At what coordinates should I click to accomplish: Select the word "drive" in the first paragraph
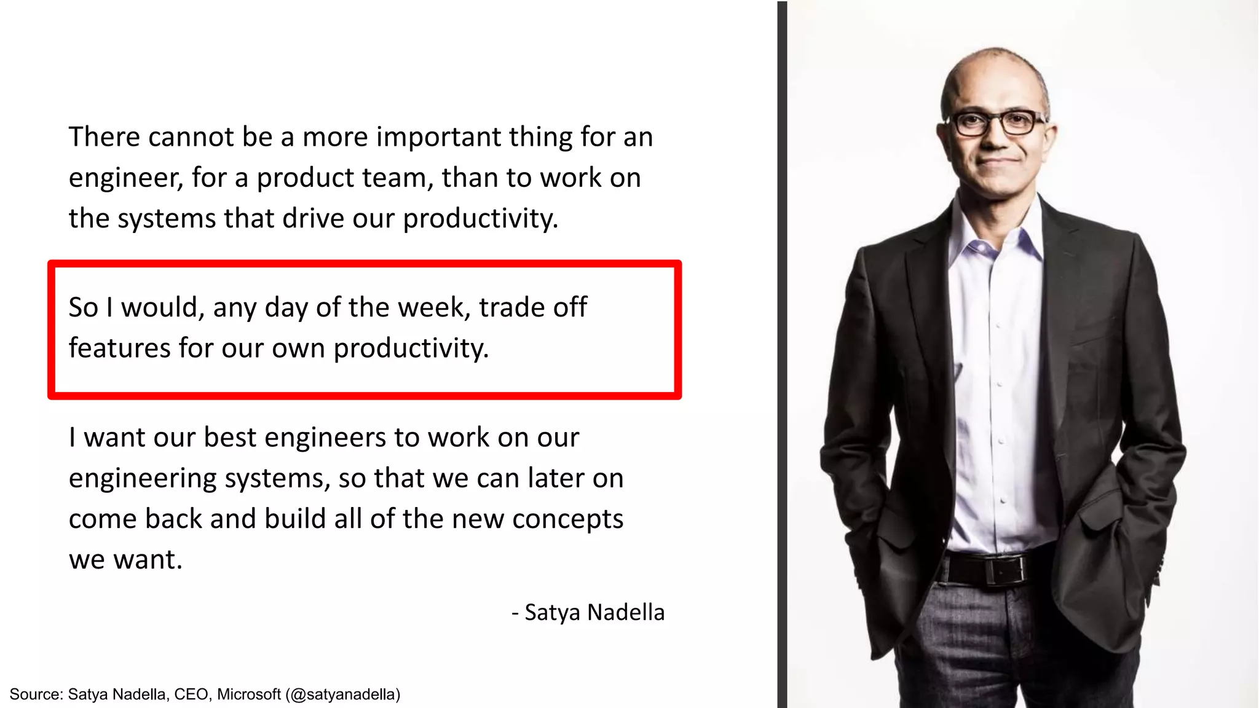pos(313,219)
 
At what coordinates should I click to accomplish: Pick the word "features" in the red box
pos(119,348)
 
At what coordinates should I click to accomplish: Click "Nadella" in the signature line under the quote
pos(626,613)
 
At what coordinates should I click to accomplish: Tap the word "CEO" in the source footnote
pos(191,694)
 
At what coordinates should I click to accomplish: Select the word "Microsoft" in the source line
pos(249,694)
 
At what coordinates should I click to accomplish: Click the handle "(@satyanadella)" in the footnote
pos(343,694)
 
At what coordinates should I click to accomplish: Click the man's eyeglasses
pos(996,122)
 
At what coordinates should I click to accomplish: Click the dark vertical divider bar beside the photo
pos(782,354)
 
